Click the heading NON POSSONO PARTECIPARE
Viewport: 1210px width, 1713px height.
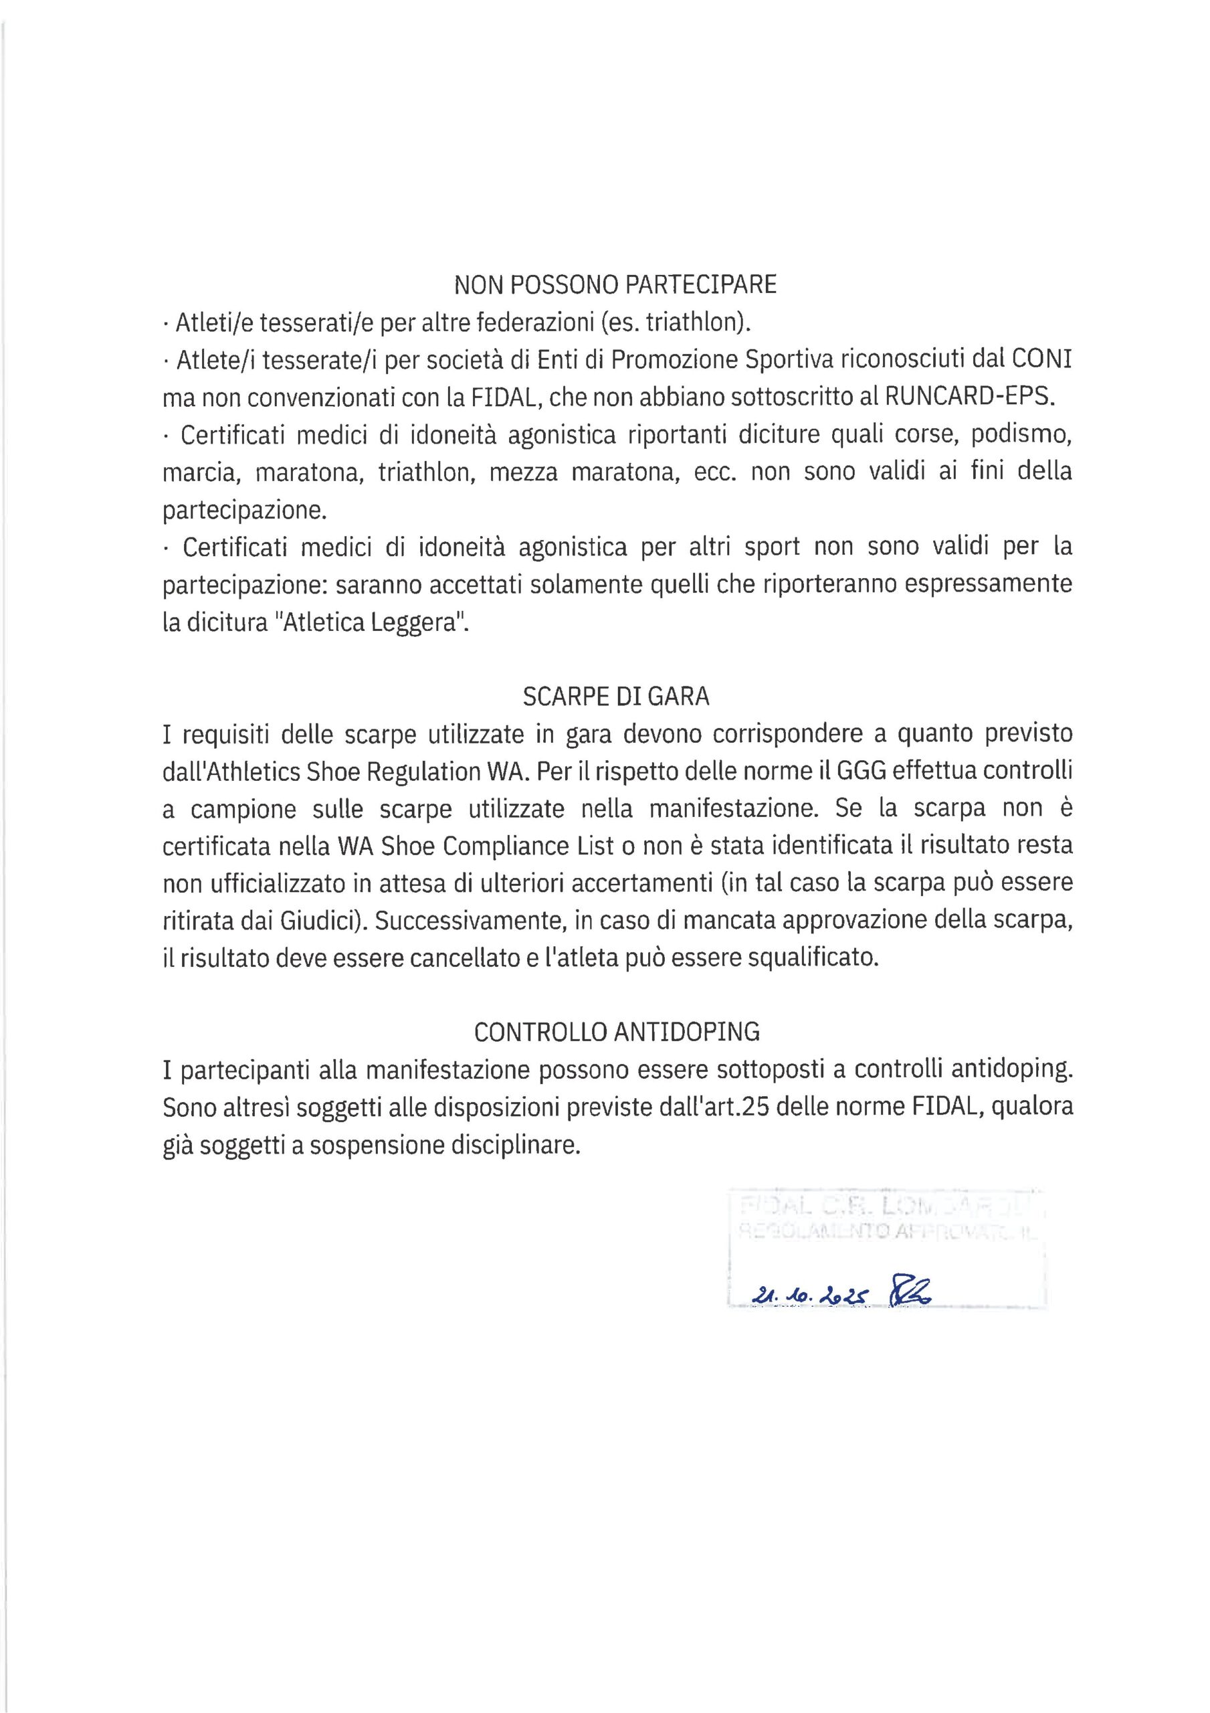(615, 284)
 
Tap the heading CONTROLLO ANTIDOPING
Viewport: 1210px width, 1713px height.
(617, 1032)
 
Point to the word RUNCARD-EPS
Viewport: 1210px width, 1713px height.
(970, 397)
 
